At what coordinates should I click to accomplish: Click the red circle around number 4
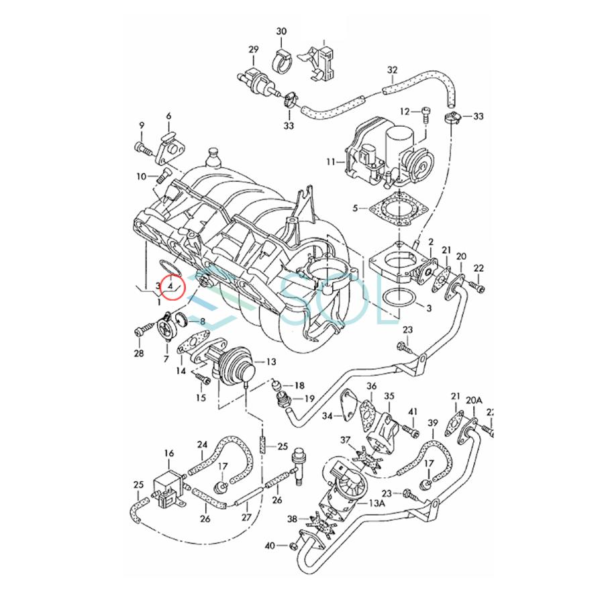coord(171,287)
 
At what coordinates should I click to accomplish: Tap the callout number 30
coord(281,32)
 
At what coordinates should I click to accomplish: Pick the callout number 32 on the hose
coord(393,70)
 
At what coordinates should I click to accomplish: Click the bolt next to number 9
coord(143,146)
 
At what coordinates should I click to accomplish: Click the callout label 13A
coord(376,503)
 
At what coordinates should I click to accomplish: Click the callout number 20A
coord(474,400)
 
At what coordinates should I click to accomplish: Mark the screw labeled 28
coord(142,330)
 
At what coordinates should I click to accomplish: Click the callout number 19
coord(309,399)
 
